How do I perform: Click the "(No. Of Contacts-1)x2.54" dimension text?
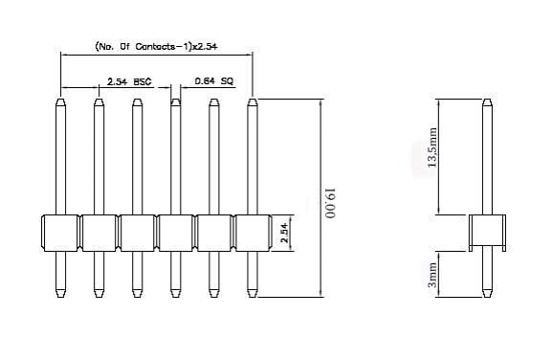pos(156,47)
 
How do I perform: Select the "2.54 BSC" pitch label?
pos(129,81)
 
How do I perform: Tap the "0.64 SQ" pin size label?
pos(214,81)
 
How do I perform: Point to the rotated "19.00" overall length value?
pos(330,204)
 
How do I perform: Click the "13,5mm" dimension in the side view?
pos(431,147)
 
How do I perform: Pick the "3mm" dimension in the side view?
pos(432,275)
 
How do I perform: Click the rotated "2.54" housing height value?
pos(284,233)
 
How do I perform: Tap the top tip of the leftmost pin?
pos(60,99)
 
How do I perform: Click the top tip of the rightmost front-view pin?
pos(252,99)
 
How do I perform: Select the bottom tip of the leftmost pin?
pos(60,298)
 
